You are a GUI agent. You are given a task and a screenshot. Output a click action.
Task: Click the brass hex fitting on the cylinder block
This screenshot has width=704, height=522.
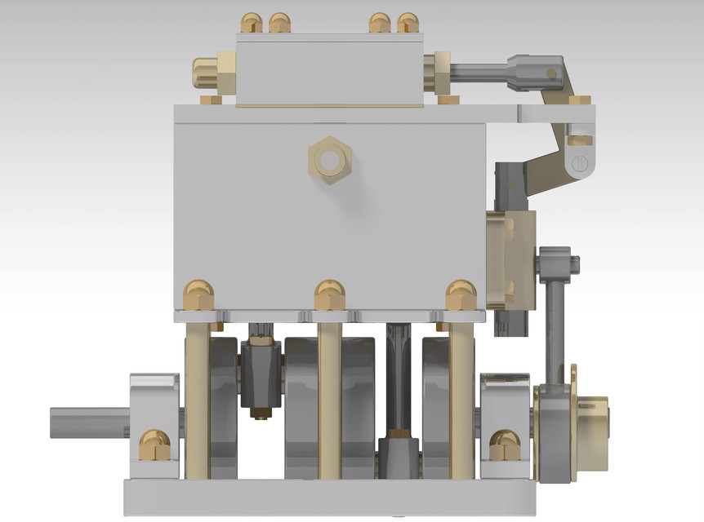coord(329,160)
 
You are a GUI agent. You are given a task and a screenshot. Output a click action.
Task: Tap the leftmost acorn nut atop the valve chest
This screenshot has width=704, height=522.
coord(251,23)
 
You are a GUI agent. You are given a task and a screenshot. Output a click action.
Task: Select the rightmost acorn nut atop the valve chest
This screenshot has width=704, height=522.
coord(407,23)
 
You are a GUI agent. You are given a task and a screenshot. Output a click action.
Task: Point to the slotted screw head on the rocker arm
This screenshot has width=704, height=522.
coord(580,163)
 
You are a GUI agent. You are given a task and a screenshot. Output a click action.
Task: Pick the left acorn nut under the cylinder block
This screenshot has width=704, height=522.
coord(198,294)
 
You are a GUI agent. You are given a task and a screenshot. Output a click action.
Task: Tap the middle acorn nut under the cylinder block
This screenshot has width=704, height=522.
coord(330,294)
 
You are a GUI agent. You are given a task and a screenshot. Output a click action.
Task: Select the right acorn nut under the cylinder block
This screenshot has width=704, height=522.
coord(461,294)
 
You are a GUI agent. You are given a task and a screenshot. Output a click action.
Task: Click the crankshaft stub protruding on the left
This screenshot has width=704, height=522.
coord(90,422)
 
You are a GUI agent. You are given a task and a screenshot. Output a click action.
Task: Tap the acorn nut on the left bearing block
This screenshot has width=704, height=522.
coord(153,445)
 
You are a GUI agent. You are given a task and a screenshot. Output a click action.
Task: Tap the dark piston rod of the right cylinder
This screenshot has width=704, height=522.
coord(400,375)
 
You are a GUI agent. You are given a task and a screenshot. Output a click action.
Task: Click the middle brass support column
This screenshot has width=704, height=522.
coord(330,400)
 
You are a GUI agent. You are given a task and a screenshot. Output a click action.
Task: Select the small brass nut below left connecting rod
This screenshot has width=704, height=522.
coord(261,412)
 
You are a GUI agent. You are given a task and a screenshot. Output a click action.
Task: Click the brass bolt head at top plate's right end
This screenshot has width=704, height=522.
coord(580,100)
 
